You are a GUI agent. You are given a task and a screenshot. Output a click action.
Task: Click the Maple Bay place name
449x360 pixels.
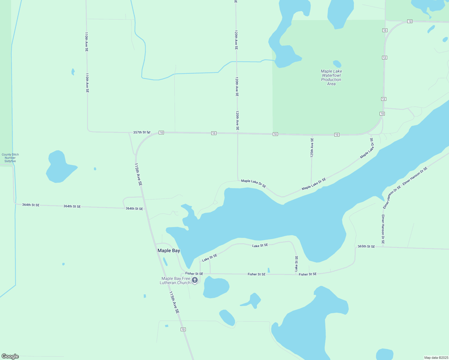(x=169, y=250)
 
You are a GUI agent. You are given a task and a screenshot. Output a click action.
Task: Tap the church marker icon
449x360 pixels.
(x=195, y=280)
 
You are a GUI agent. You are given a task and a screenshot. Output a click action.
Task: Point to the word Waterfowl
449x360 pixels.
(x=331, y=75)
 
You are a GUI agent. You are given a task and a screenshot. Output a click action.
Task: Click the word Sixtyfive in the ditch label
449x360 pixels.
(x=10, y=161)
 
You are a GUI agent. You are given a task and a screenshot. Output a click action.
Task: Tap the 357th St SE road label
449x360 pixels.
(x=142, y=132)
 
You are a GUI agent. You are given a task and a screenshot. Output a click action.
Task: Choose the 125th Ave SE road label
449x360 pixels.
(x=312, y=148)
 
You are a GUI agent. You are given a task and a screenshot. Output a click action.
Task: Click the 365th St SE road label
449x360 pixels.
(x=366, y=247)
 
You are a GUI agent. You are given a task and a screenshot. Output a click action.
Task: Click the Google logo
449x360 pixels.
(x=10, y=356)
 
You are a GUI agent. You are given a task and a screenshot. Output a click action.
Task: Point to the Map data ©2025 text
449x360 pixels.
(x=436, y=358)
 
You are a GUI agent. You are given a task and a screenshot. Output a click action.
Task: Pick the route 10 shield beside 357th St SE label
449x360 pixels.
(x=161, y=133)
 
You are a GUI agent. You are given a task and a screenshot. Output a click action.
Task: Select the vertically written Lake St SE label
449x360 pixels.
(x=296, y=264)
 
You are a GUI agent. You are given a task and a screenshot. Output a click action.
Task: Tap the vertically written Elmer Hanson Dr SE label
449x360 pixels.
(x=383, y=229)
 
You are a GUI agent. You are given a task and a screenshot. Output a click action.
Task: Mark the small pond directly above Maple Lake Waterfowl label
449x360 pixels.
(x=337, y=64)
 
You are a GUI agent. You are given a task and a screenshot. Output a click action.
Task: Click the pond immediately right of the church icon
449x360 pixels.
(x=216, y=287)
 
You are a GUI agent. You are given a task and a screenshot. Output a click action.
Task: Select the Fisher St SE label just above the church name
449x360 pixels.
(x=194, y=274)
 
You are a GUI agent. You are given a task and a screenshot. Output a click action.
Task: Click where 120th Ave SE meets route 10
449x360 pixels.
(x=237, y=133)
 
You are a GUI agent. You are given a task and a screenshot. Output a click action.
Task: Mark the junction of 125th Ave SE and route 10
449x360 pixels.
(x=312, y=135)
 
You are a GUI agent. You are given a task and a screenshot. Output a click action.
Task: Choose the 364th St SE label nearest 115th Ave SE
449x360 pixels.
(x=134, y=208)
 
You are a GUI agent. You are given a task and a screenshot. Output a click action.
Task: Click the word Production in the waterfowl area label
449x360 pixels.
(x=331, y=79)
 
